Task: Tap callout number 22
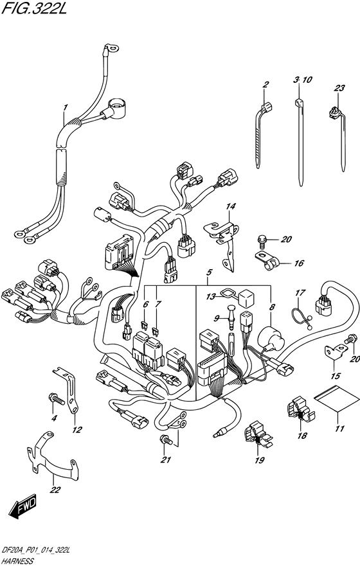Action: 55,490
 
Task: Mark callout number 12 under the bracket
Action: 77,430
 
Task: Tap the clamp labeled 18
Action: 301,411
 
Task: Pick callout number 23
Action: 339,88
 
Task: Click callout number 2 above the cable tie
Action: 265,85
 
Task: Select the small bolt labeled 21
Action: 166,440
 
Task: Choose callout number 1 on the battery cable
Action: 66,107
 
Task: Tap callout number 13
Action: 211,297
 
